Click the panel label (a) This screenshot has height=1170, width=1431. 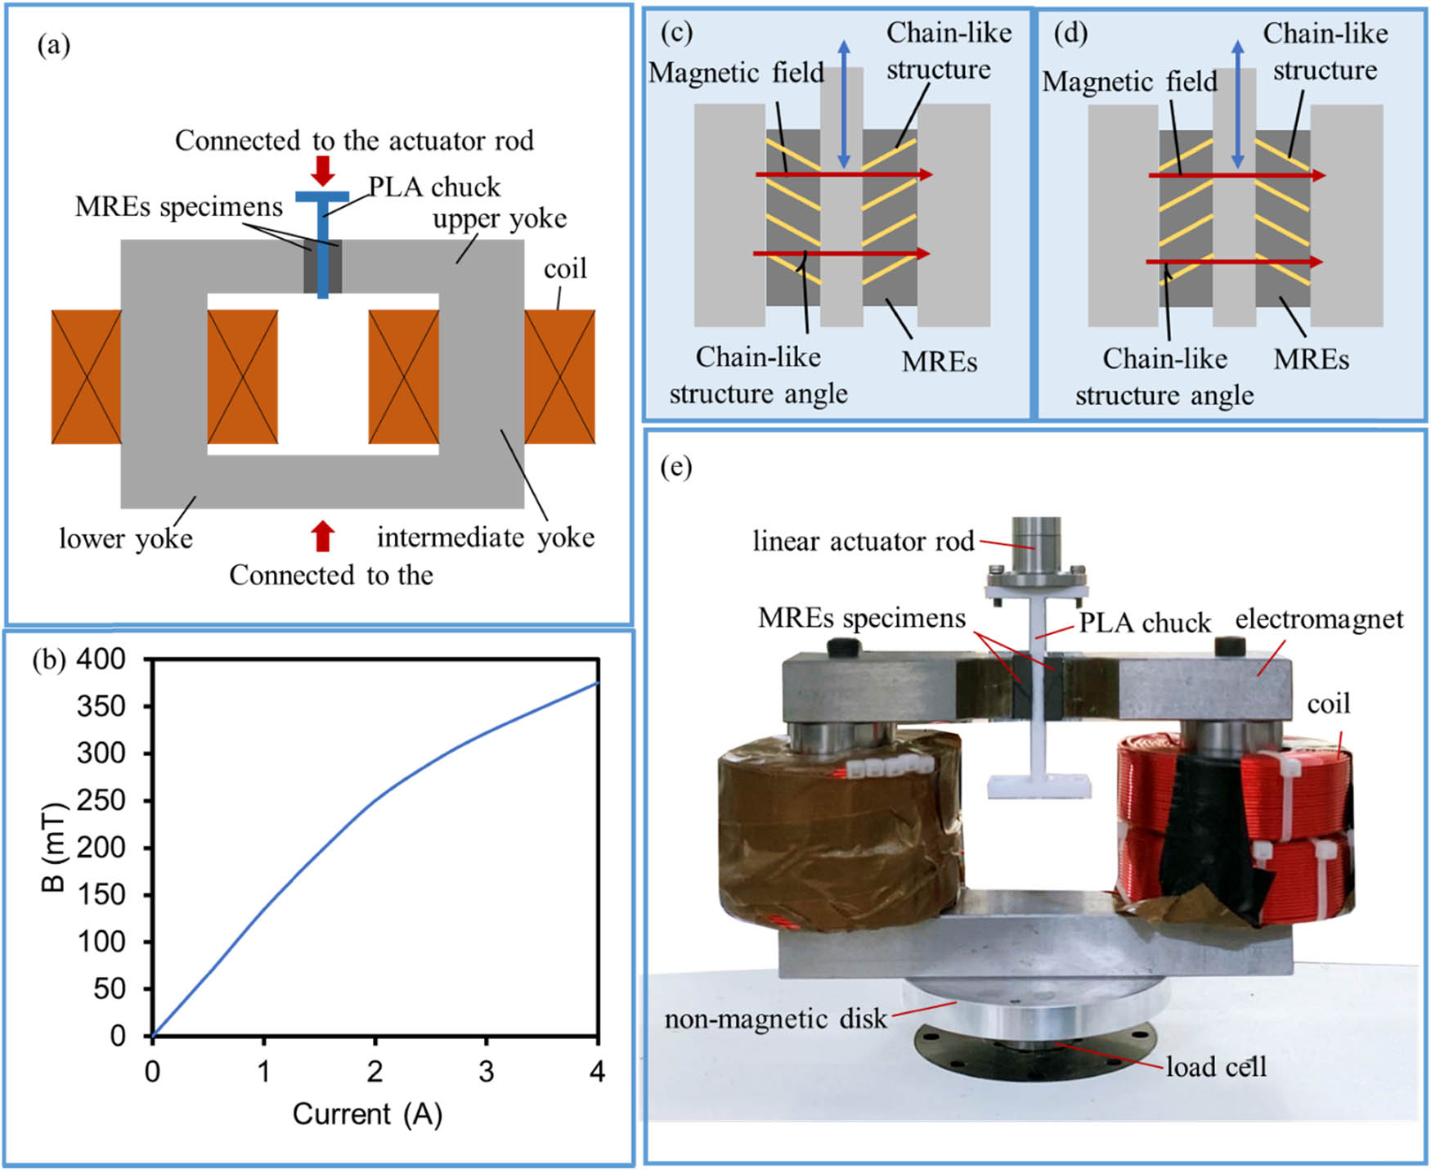pyautogui.click(x=54, y=46)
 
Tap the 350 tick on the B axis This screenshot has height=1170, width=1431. pyautogui.click(x=101, y=706)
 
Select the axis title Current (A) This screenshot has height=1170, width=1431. pyautogui.click(x=367, y=1114)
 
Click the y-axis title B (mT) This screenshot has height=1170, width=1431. pyautogui.click(x=53, y=847)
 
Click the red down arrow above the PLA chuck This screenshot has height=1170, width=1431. pyautogui.click(x=323, y=169)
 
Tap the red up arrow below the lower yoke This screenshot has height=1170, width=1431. pyautogui.click(x=323, y=536)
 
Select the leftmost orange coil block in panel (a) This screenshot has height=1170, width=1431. pyautogui.click(x=86, y=376)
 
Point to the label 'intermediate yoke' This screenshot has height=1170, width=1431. pyautogui.click(x=485, y=538)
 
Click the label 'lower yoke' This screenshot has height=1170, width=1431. pyautogui.click(x=126, y=539)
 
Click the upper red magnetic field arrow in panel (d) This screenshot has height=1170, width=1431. pyautogui.click(x=1235, y=175)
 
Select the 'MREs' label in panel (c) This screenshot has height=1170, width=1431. pyautogui.click(x=939, y=362)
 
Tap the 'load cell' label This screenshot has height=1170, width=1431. pyautogui.click(x=1216, y=1067)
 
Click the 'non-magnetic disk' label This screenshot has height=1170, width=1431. pyautogui.click(x=775, y=1019)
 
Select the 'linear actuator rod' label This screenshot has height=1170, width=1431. pyautogui.click(x=863, y=542)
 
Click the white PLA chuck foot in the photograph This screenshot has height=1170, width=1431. pyautogui.click(x=1038, y=786)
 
